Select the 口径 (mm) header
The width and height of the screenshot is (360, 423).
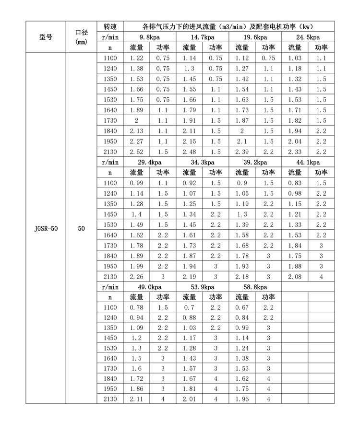81,37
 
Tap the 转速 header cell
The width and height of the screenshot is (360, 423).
110,26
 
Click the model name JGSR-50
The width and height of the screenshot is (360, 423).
46,229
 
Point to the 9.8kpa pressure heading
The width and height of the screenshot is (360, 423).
150,37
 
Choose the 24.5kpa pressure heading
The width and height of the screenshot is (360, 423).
307,37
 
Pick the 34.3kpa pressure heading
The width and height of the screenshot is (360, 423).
202,163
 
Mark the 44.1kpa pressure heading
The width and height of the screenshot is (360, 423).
307,163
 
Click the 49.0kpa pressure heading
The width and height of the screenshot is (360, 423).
150,287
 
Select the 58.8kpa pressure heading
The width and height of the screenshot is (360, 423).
255,287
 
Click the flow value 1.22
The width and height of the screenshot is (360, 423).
136,58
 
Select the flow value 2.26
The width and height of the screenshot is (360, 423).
136,277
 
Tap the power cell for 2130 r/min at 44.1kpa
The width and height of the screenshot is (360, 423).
321,277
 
